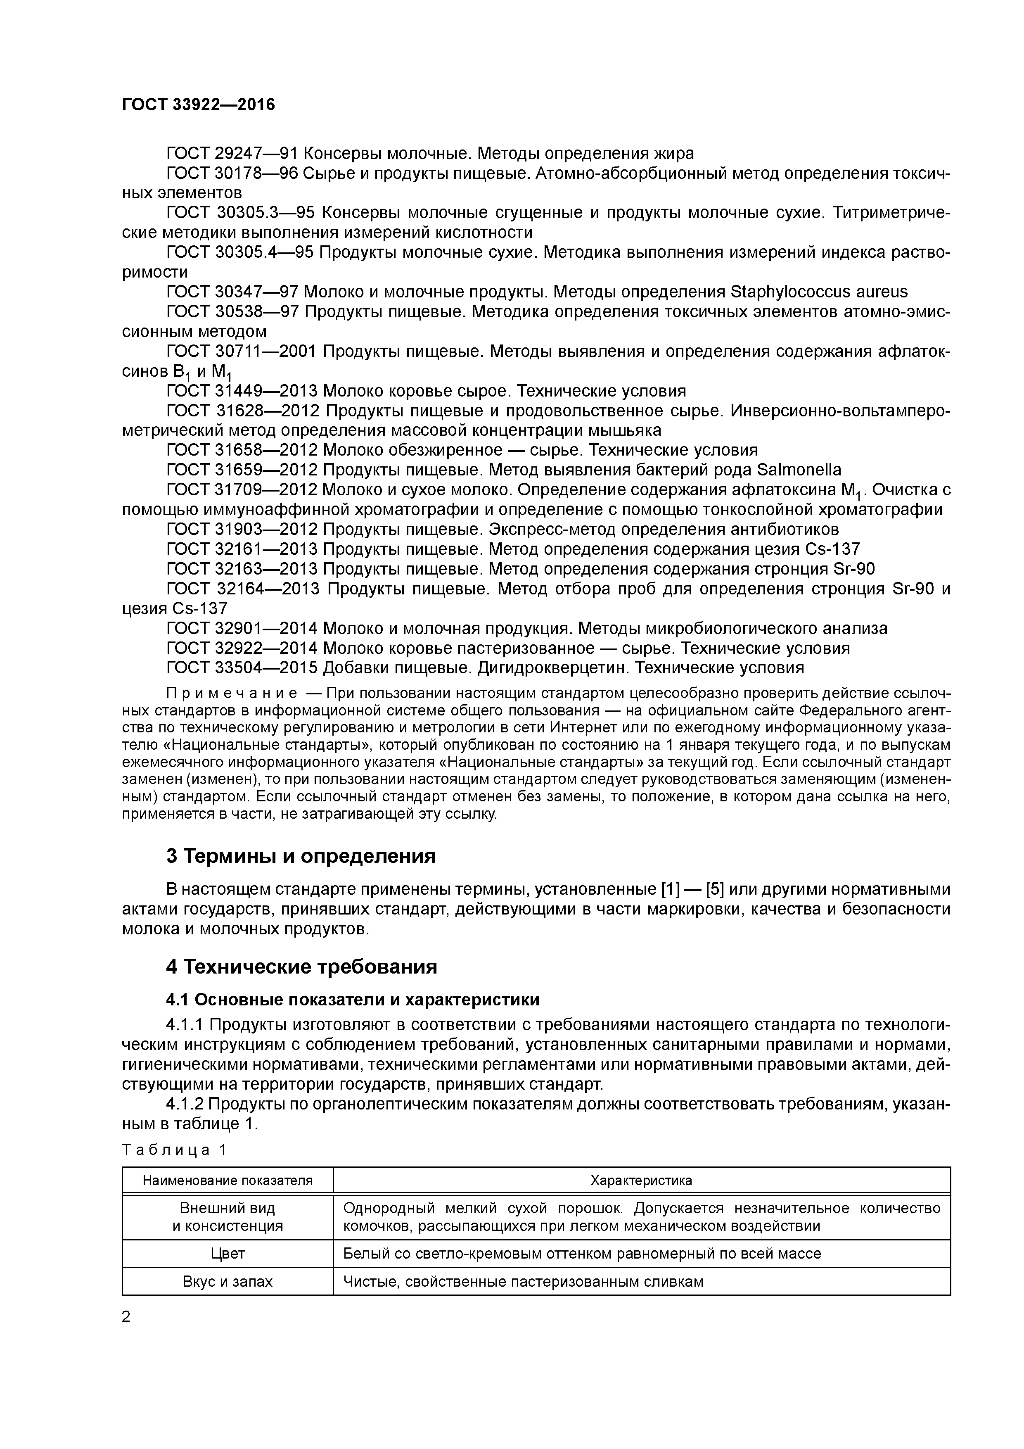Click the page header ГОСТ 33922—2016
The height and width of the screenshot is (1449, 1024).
point(198,105)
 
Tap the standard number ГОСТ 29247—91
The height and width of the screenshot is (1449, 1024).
point(232,153)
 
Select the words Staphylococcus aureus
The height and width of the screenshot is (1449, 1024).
point(818,292)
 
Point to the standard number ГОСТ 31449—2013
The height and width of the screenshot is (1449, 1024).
point(242,391)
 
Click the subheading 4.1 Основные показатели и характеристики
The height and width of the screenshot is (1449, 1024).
point(353,1000)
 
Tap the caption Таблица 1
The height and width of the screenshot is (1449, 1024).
point(174,1150)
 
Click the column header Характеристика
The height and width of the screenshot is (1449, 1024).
point(641,1180)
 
